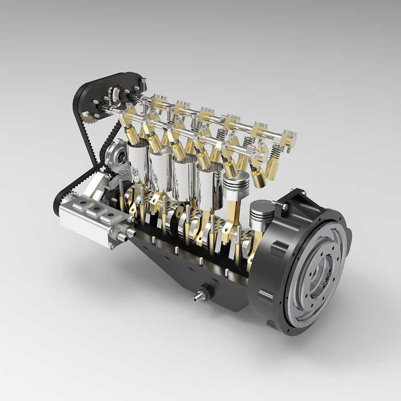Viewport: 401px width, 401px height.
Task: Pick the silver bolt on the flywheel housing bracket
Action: pyautogui.click(x=285, y=207)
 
